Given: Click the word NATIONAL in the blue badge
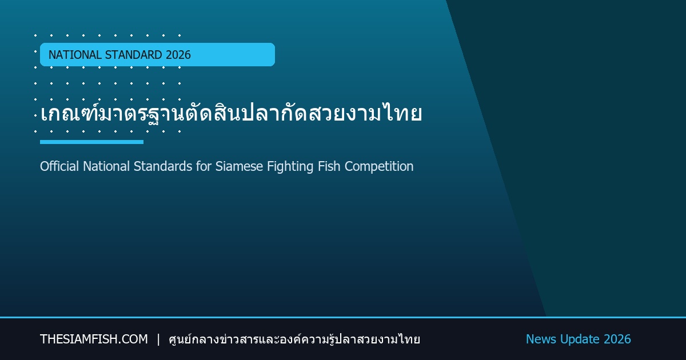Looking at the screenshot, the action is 75,55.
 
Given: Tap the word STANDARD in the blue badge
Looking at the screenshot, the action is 134,55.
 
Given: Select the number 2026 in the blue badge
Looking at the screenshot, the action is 178,55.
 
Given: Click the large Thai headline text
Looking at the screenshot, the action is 231,113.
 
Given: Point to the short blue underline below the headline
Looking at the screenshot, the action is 91,142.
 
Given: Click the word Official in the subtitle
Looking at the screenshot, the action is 59,166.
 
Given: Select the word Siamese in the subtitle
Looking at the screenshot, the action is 239,166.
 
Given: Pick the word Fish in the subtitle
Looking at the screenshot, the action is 329,166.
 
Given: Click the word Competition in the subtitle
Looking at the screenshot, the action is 379,167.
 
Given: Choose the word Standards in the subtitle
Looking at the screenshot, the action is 163,166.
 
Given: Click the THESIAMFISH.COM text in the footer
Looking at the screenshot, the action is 94,339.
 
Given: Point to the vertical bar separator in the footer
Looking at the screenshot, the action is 158,339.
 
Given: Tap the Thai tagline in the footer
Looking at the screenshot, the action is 294,339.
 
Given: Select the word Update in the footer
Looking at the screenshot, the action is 580,339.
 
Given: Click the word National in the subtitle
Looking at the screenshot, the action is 106,166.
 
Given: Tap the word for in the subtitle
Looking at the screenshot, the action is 204,166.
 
